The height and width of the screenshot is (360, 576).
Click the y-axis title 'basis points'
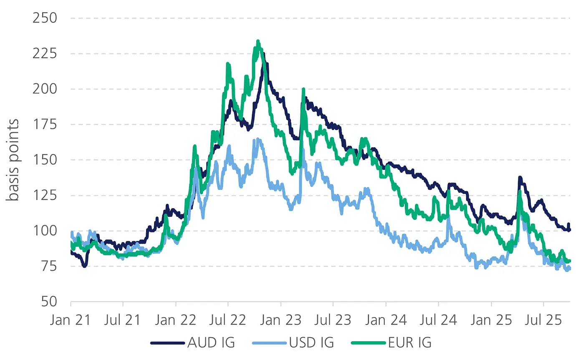pyautogui.click(x=13, y=160)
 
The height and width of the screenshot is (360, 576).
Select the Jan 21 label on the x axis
pyautogui.click(x=71, y=321)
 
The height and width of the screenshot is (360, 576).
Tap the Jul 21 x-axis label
pyautogui.click(x=123, y=321)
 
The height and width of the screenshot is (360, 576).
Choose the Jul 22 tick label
pyautogui.click(x=228, y=321)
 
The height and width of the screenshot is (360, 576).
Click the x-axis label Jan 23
pyautogui.click(x=281, y=321)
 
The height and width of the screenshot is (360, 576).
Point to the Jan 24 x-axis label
pyautogui.click(x=386, y=321)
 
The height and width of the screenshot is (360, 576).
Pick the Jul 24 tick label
pyautogui.click(x=439, y=321)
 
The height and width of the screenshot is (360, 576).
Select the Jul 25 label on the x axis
pyautogui.click(x=543, y=321)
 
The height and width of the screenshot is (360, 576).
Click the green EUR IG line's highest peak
pyautogui.click(x=258, y=41)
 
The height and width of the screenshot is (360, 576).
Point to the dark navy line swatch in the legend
pyautogui.click(x=167, y=343)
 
